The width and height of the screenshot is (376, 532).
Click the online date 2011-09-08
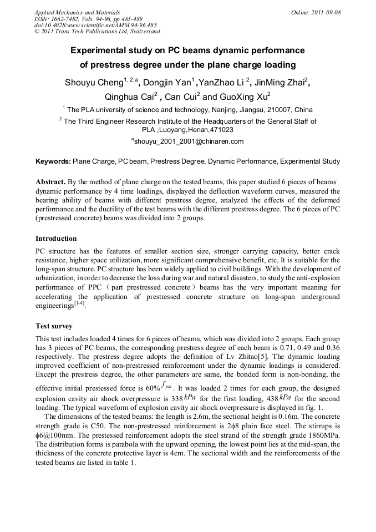coord(326,12)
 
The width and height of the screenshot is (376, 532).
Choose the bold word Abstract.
coord(52,182)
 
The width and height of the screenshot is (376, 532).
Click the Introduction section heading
coord(56,239)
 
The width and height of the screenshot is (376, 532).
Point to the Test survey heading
coord(54,326)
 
